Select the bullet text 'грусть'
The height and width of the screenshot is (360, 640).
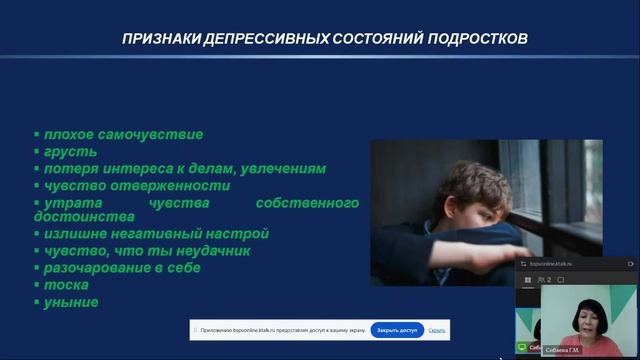click(70, 151)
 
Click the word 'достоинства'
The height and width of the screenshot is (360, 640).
click(84, 216)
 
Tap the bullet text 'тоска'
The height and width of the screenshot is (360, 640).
click(66, 285)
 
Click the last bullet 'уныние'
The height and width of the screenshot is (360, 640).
click(71, 302)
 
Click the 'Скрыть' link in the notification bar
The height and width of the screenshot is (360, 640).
click(437, 330)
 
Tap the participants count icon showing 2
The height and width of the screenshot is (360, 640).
click(546, 280)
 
